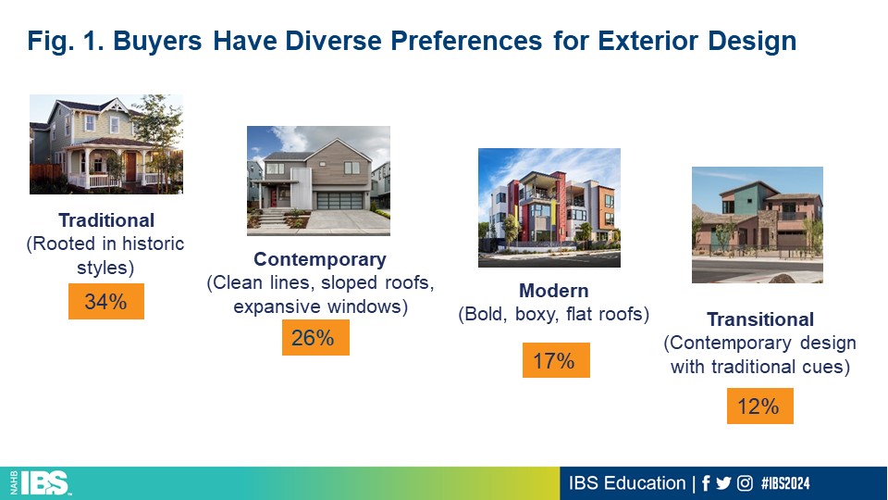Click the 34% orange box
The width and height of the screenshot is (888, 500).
click(x=105, y=301)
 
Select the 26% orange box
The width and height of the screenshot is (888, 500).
click(x=315, y=337)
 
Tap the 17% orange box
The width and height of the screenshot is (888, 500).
click(x=556, y=360)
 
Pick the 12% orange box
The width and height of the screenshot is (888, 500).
click(x=760, y=406)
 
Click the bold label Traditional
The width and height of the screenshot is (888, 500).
click(x=106, y=220)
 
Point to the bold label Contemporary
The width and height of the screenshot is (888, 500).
click(x=320, y=259)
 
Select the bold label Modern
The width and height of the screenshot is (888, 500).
click(x=554, y=290)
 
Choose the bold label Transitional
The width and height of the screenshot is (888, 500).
click(x=760, y=319)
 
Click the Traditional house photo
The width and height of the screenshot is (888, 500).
click(x=106, y=144)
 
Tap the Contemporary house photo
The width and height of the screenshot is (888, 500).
click(x=318, y=181)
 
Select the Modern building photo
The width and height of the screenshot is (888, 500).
click(x=549, y=207)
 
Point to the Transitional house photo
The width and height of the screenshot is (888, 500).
click(x=758, y=224)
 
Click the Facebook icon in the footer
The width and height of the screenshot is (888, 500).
click(x=706, y=483)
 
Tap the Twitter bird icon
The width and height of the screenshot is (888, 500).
click(x=723, y=483)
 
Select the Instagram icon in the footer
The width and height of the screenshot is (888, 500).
click(x=745, y=483)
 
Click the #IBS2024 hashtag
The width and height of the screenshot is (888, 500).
click(x=785, y=483)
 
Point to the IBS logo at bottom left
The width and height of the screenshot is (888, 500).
click(x=41, y=483)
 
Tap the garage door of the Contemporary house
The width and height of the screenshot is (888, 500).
click(x=339, y=201)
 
